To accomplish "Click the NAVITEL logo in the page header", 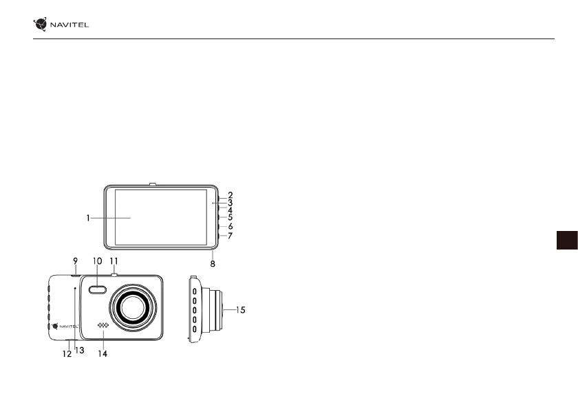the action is [61, 24].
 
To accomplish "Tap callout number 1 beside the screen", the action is [88, 219].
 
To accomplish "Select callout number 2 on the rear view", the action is [231, 195].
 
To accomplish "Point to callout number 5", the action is [231, 217].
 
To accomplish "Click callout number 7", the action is [231, 236].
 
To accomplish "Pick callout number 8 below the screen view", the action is [213, 263].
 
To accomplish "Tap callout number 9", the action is [75, 261].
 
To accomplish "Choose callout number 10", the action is [97, 261].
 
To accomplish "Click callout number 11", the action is [114, 261].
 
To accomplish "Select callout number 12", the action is [67, 354].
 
